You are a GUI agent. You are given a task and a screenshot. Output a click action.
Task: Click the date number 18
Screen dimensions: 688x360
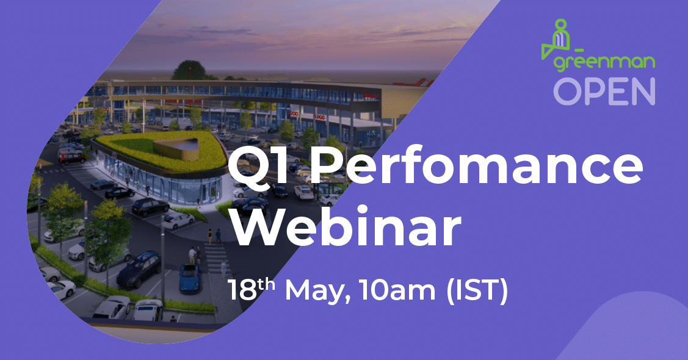tap(242, 290)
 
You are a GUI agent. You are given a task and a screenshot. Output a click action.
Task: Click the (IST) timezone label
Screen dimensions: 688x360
tap(477, 291)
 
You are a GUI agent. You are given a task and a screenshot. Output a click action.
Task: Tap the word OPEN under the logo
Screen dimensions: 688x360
tap(604, 92)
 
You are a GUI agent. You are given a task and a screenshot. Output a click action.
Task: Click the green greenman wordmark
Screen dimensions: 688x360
tap(604, 63)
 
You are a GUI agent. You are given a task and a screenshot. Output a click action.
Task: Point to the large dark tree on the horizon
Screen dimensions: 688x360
tap(190, 70)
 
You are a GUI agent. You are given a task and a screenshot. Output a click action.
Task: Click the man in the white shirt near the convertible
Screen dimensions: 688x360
tap(192, 255)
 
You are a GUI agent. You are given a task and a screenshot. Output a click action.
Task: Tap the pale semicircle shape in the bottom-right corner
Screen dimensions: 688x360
tap(632, 326)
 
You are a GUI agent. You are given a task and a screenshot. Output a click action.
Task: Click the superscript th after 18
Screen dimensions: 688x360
tap(266, 285)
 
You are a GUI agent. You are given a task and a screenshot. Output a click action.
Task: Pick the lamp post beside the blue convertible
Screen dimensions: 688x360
tap(163, 262)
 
